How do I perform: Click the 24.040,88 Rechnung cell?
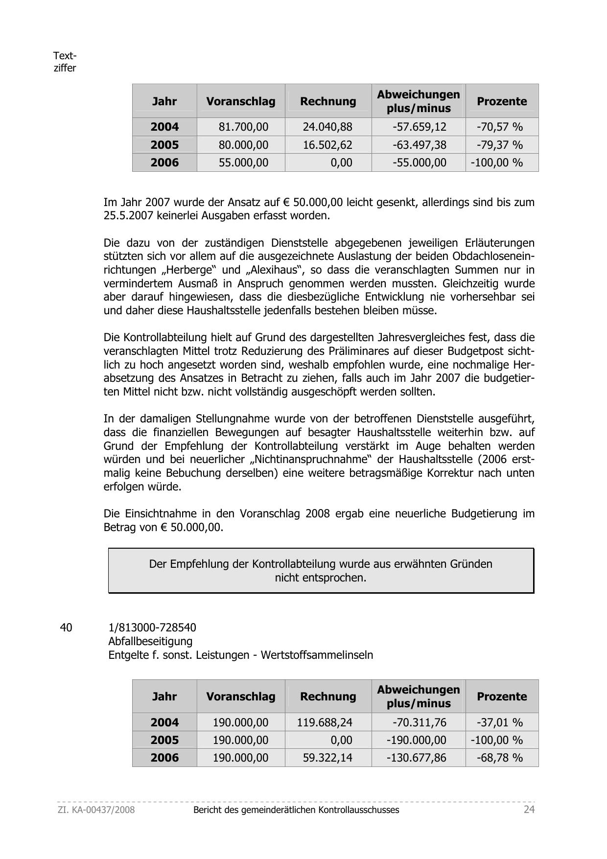327,127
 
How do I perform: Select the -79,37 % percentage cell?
500,145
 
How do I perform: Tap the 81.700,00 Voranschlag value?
243,127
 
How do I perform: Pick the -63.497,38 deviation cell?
420,145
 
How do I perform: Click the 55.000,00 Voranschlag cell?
243,163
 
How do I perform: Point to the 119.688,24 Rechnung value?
325,722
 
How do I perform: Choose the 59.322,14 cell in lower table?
327,758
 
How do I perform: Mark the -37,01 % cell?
500,722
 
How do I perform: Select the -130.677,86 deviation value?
417,758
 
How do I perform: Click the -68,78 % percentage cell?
500,758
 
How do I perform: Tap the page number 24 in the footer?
529,810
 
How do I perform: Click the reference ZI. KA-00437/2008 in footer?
96,810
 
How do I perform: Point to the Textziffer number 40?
66,627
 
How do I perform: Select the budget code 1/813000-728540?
152,627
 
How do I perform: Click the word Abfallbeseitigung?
150,641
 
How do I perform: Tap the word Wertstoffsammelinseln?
317,655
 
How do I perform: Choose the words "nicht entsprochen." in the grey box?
321,578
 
